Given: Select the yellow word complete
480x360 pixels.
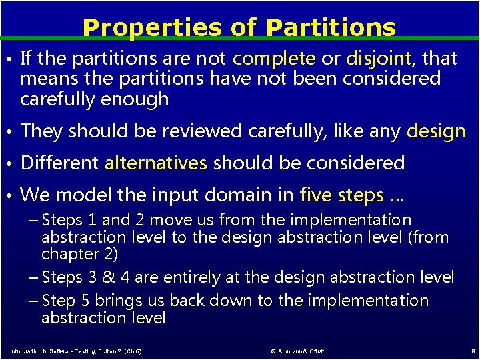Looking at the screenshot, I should coord(274,59).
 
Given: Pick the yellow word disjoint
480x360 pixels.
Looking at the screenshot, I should coord(378,59).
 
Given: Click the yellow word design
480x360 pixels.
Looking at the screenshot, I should coord(436,131).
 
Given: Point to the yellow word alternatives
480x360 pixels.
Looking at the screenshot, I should coord(156,163).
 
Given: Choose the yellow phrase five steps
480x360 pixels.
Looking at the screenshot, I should coord(342,195).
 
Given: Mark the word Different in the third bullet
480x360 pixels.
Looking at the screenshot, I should coord(60,163).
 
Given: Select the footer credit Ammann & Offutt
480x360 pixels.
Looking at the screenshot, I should coord(298,351).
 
